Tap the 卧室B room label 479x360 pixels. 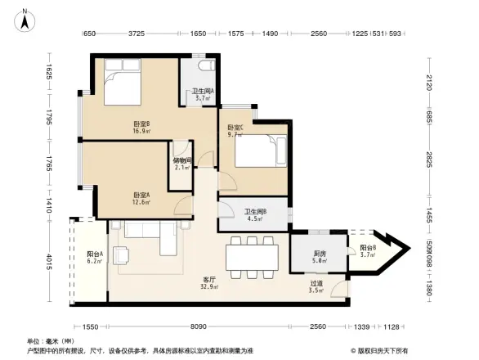(x=141, y=127)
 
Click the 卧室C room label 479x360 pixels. (x=235, y=130)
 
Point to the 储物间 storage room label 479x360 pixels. (x=183, y=164)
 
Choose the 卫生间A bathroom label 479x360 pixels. (x=202, y=94)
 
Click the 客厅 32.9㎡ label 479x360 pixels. (x=210, y=284)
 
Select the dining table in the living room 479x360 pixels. (x=253, y=256)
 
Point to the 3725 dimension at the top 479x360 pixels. (x=136, y=34)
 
